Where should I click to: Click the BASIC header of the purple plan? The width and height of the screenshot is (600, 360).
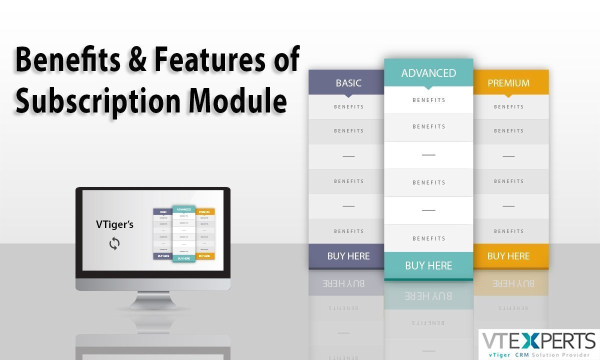(348, 82)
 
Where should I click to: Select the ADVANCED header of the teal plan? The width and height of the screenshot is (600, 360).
(428, 73)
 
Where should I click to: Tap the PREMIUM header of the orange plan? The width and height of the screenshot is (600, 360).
(508, 82)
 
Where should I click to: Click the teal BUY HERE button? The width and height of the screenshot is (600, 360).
(428, 265)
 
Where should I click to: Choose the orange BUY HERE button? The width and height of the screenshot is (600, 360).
(508, 256)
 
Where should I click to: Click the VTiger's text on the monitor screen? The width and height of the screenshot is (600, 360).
(114, 224)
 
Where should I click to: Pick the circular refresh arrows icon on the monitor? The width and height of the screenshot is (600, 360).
(114, 243)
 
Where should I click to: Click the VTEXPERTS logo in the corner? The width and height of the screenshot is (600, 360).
(538, 344)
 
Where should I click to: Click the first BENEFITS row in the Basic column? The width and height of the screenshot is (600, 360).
(348, 106)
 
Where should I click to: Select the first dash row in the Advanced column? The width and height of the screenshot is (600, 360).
(428, 155)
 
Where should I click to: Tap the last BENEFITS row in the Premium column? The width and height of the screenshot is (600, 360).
(508, 231)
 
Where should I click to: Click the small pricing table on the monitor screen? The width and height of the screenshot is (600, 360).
(183, 233)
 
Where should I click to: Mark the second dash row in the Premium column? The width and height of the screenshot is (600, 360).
(508, 206)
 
